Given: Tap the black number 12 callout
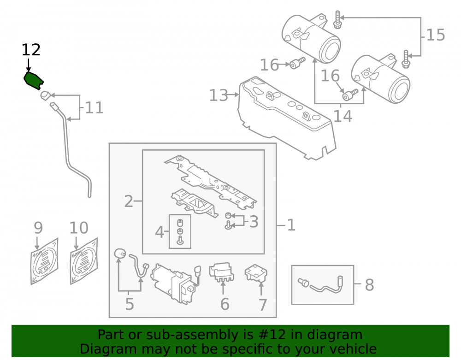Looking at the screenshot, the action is [x=31, y=50].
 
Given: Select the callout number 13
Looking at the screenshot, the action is [x=219, y=95].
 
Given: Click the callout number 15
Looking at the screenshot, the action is [x=436, y=35].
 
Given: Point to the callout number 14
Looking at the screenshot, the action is [x=343, y=116].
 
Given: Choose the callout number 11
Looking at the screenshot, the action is [x=95, y=108].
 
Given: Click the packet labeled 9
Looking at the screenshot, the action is [x=44, y=261].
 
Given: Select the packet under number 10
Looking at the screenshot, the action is [x=84, y=261].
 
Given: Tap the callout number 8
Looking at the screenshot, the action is [x=369, y=285].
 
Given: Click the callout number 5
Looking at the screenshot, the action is [x=130, y=304].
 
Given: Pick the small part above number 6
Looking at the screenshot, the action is [x=221, y=272].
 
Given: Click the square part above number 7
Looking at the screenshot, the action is [x=256, y=273].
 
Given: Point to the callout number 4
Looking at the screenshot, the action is [x=160, y=232].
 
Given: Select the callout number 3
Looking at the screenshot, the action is [x=254, y=222].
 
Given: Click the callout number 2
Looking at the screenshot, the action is [x=129, y=201].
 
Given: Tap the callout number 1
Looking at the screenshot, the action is [x=291, y=225].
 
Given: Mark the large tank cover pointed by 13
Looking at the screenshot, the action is [x=287, y=118].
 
